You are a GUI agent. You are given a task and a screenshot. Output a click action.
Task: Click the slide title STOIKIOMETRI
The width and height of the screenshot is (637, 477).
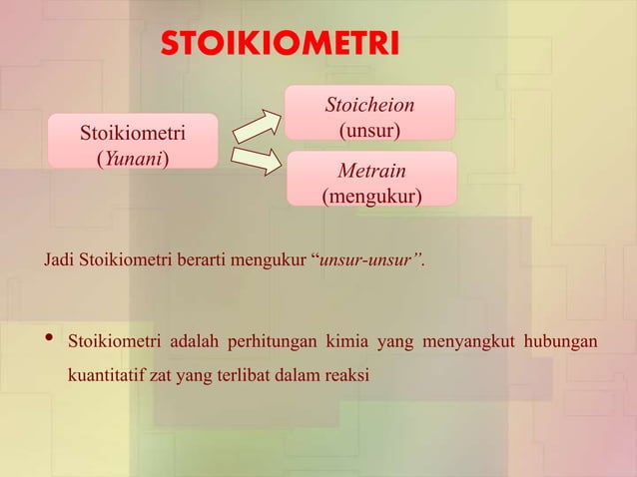(x=280, y=45)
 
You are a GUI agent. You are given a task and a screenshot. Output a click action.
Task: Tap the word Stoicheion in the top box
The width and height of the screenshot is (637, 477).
(x=369, y=105)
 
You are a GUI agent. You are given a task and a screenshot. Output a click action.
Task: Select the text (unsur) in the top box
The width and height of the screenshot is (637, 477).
(x=369, y=130)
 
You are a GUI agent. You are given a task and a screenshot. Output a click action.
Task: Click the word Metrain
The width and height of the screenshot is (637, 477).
(x=370, y=172)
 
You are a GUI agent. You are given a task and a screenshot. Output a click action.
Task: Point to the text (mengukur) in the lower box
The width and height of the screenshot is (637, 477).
(x=370, y=196)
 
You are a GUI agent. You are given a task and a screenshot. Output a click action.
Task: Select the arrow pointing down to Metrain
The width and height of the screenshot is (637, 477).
(x=257, y=160)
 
